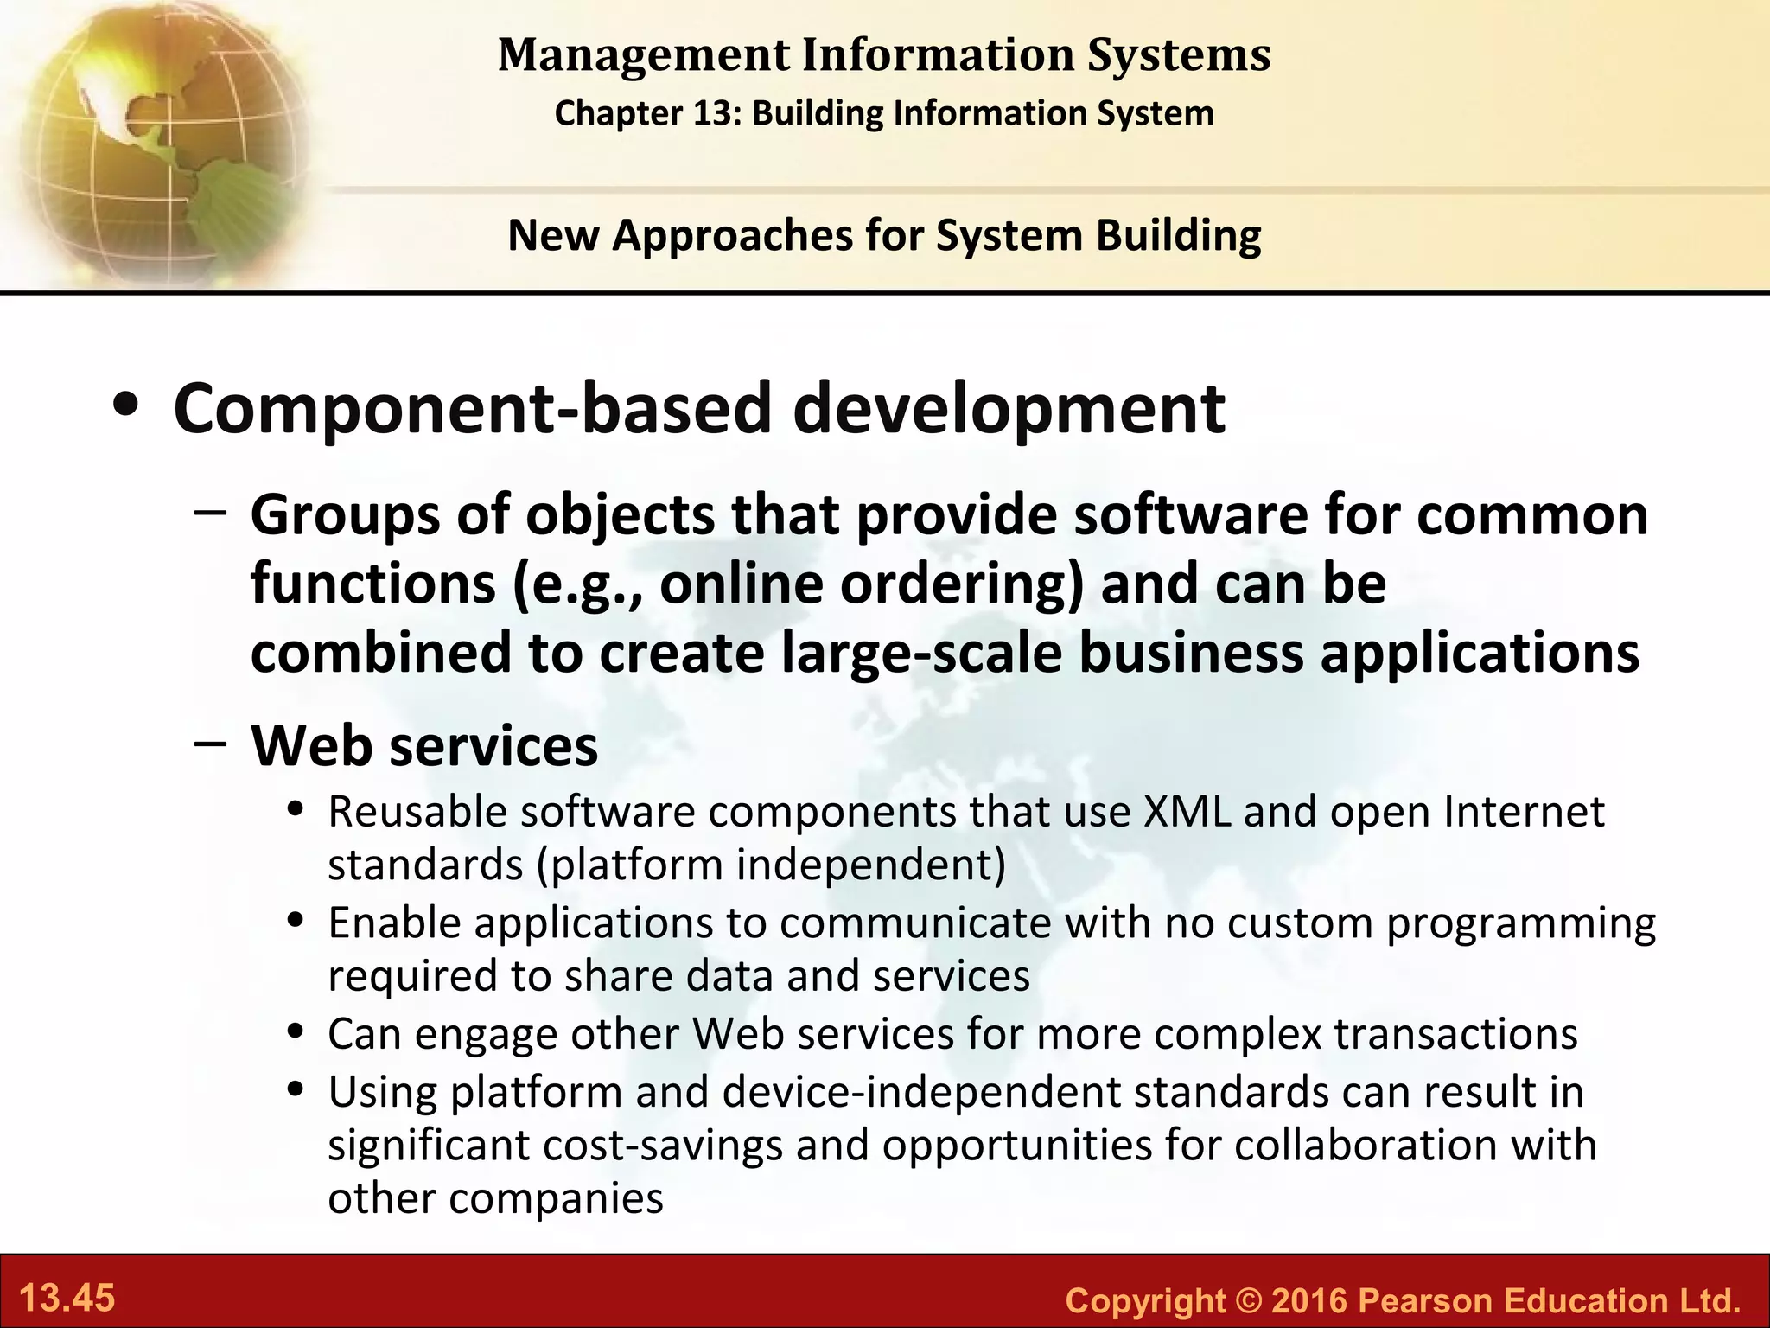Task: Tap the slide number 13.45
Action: tap(67, 1299)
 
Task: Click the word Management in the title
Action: tap(644, 55)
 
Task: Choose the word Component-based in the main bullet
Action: tap(472, 408)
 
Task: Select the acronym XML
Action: tap(1187, 812)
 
